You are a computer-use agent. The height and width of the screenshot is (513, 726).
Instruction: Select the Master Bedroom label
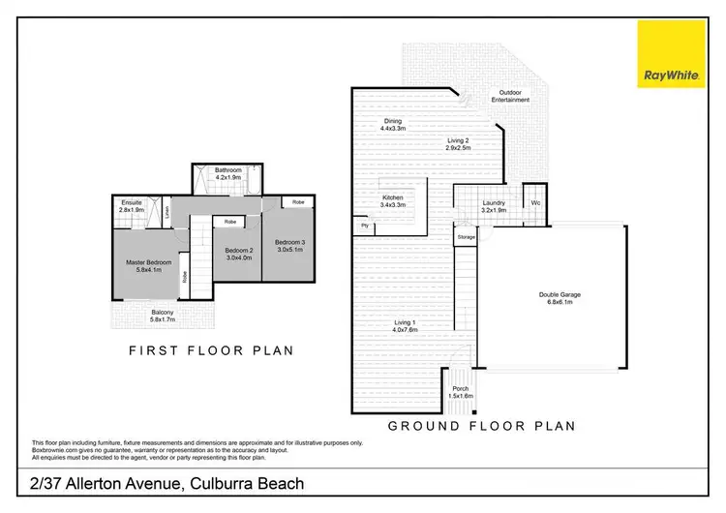pyautogui.click(x=148, y=262)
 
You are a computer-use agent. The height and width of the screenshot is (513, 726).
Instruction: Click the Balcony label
pyautogui.click(x=165, y=312)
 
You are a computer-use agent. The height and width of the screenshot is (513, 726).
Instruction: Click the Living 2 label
pyautogui.click(x=458, y=141)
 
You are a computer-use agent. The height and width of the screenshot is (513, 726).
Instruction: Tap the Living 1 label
pyautogui.click(x=406, y=323)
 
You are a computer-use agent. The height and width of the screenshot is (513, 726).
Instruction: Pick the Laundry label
pyautogui.click(x=495, y=203)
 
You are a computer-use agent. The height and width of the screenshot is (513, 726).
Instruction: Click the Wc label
pyautogui.click(x=535, y=203)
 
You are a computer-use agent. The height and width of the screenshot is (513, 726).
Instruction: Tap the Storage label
pyautogui.click(x=466, y=236)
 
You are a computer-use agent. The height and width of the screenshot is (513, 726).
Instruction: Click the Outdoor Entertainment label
pyautogui.click(x=509, y=95)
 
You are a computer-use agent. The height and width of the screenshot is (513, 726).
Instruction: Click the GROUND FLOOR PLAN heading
pyautogui.click(x=481, y=424)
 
